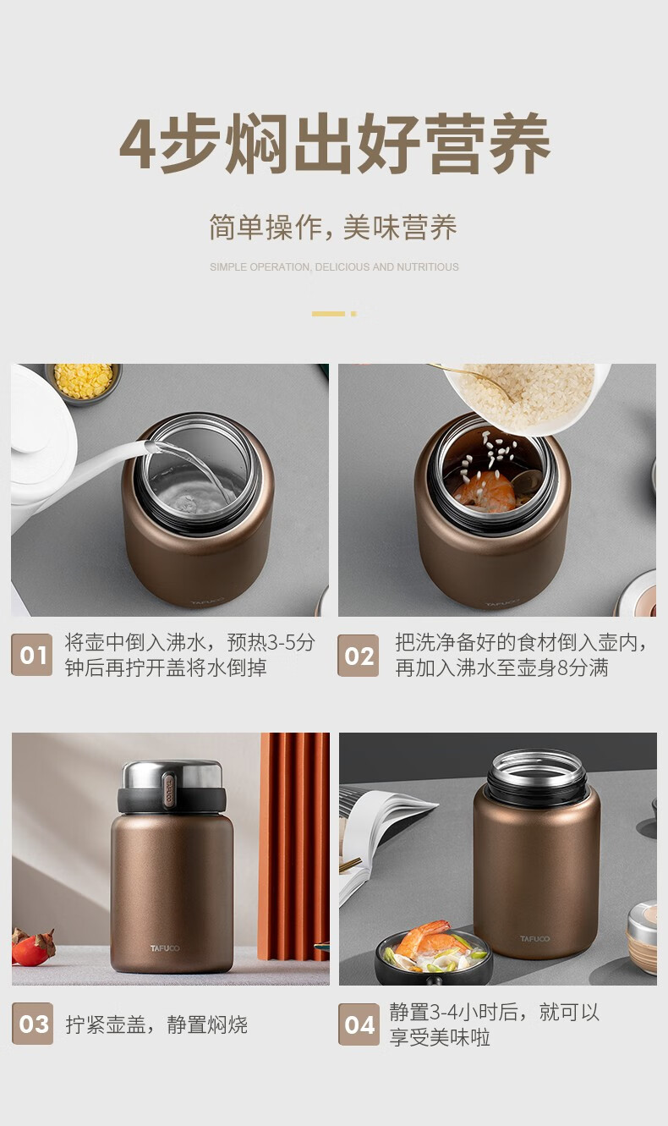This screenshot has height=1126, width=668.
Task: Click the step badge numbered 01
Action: (31, 655)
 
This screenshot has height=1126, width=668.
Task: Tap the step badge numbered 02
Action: (359, 655)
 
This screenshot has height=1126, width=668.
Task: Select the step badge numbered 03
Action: (33, 1024)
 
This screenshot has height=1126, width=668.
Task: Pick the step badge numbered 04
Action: (359, 1024)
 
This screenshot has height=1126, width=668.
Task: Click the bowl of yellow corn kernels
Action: (84, 382)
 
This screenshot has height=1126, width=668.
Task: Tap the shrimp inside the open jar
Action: (485, 492)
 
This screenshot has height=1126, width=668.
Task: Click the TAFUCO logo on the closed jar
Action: (165, 948)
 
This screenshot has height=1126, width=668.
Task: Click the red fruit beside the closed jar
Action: (33, 947)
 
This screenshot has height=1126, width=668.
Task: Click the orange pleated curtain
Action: (294, 846)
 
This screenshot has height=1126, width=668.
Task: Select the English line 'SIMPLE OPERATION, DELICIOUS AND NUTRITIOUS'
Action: (334, 267)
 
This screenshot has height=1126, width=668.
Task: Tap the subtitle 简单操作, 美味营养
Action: (333, 228)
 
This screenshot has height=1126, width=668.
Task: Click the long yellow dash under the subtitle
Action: (328, 314)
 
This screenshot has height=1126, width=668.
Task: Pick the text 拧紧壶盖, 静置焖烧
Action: (156, 1024)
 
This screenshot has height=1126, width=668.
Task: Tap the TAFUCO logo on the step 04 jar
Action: (534, 938)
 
